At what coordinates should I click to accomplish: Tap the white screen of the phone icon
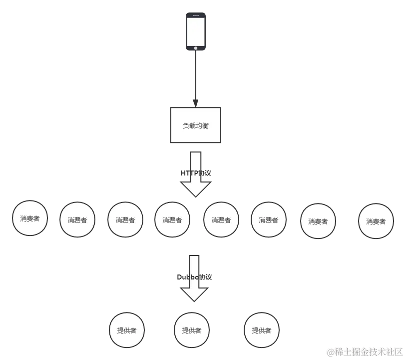pos(196,31)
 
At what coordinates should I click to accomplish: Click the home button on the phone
pos(196,48)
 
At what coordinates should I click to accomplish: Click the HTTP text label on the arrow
pos(195,171)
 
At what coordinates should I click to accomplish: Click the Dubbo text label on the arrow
pos(194,276)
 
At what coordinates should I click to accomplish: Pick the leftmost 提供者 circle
pos(126,330)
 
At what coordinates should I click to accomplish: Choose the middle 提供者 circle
pos(191,330)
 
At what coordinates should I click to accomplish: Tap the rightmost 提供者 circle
pos(261,330)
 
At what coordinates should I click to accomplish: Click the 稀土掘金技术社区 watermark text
pos(364,351)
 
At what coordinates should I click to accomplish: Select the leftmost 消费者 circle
pos(30,218)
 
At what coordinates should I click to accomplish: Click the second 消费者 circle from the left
pos(77,219)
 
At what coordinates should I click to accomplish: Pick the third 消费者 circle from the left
pos(125,219)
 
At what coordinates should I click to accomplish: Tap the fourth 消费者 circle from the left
pos(172,219)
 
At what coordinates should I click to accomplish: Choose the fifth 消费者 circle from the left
pos(221,219)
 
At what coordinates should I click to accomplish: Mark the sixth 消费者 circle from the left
pos(268,219)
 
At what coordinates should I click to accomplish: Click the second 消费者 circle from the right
pos(318,221)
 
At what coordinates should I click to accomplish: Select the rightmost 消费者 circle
pos(376,221)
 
